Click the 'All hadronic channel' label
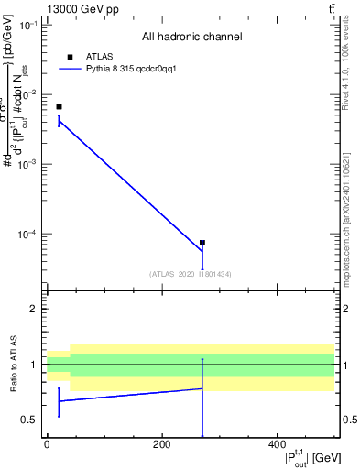click(x=191, y=37)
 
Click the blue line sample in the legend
click(x=71, y=69)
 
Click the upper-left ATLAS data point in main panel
click(x=59, y=107)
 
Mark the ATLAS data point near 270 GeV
click(x=202, y=243)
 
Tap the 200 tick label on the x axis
click(x=161, y=443)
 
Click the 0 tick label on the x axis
click(x=47, y=443)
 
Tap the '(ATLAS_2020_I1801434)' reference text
click(x=190, y=274)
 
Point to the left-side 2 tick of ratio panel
click(x=35, y=309)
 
